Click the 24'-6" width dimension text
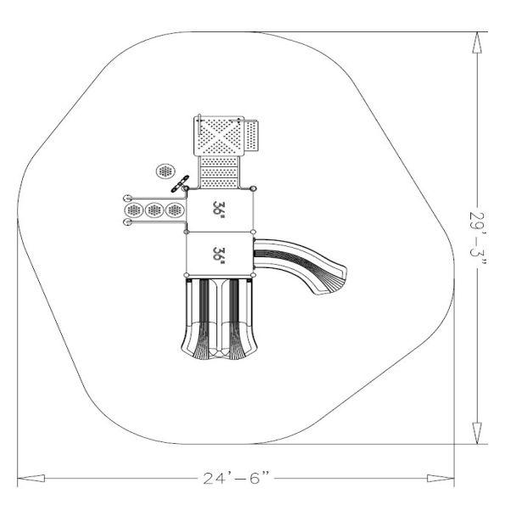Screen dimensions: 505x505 236,478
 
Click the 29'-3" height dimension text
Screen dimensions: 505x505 478,238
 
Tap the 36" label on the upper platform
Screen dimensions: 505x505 219,210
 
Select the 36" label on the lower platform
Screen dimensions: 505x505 219,255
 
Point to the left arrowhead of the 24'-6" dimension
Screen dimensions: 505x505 31,479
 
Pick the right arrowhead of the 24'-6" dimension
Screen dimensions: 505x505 440,479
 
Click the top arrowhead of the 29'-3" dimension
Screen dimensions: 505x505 477,42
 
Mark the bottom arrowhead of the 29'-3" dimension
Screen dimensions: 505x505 477,434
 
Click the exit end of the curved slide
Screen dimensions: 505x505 332,283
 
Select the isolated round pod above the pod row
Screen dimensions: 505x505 166,171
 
